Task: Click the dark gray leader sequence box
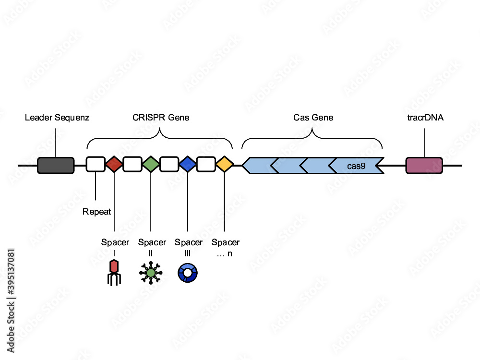click(x=56, y=165)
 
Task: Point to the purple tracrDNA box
click(x=424, y=165)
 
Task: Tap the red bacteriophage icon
click(x=113, y=272)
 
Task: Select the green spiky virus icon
click(x=151, y=273)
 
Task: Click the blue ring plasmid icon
click(x=188, y=273)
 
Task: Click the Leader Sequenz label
click(x=57, y=118)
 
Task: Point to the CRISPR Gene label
click(x=160, y=118)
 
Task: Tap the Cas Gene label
click(x=313, y=118)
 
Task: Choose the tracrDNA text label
click(x=425, y=118)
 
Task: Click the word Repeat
click(x=96, y=212)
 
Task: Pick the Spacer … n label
click(x=225, y=247)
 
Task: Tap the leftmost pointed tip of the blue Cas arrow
click(x=243, y=165)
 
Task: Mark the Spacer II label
click(x=152, y=247)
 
